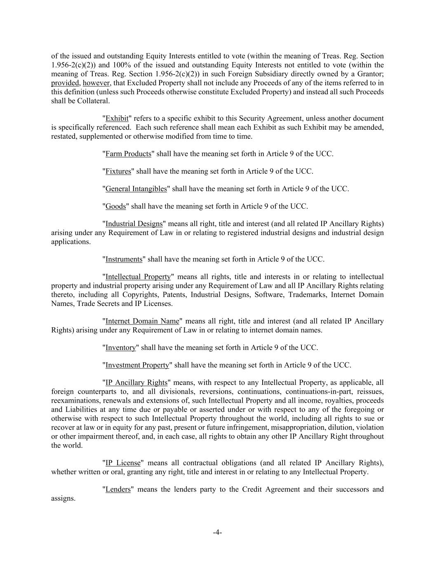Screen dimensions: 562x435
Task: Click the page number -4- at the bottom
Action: [x=217, y=532]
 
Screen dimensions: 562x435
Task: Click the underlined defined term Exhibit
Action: [x=117, y=119]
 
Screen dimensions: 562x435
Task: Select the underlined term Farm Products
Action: [x=128, y=154]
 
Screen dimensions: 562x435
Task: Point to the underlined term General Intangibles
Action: [x=136, y=189]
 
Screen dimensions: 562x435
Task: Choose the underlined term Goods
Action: [x=116, y=206]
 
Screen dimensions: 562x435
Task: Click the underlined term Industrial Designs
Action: [x=134, y=224]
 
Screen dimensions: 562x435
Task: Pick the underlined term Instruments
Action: [x=124, y=259]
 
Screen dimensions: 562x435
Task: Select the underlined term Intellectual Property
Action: [x=138, y=277]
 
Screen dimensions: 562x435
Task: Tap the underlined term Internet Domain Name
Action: [x=142, y=321]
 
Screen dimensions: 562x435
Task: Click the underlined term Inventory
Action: [x=121, y=348]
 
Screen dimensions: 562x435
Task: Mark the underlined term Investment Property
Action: [x=137, y=365]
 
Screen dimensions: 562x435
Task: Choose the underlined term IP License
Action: [x=123, y=463]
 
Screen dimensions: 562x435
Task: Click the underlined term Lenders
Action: [x=118, y=490]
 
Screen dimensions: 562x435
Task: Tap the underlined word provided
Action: [x=65, y=83]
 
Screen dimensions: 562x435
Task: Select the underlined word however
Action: [x=96, y=83]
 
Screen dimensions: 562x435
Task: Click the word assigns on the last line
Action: [x=63, y=499]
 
